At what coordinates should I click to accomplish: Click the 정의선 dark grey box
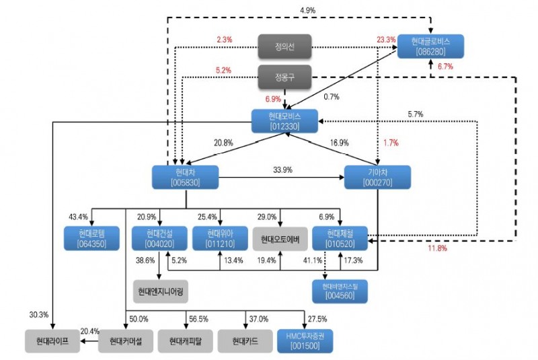pyautogui.click(x=284, y=47)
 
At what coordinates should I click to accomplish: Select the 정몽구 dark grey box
pyautogui.click(x=284, y=77)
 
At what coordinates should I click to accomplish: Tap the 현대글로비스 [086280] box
pyautogui.click(x=430, y=45)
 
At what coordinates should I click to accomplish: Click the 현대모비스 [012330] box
pyautogui.click(x=284, y=121)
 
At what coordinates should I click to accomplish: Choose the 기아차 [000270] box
pyautogui.click(x=377, y=178)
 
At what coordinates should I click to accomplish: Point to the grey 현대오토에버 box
pyautogui.click(x=280, y=238)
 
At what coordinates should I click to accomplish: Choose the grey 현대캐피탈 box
pyautogui.click(x=186, y=340)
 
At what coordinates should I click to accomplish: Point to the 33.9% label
pyautogui.click(x=283, y=170)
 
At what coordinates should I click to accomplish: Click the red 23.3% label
pyautogui.click(x=387, y=40)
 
